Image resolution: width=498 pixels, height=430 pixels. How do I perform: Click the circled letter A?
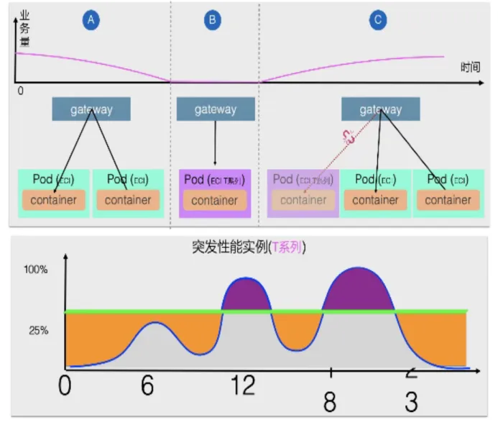coord(91,21)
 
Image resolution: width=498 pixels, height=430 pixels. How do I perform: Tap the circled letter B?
coord(212,21)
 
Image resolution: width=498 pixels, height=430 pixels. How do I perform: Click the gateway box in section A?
coord(91,109)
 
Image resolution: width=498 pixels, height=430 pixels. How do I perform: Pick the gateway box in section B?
coord(215,109)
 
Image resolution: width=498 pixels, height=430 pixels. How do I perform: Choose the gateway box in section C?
coord(380,109)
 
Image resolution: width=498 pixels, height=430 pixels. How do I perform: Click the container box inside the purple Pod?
coord(215,200)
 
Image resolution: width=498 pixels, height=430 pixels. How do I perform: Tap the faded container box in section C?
coord(303,200)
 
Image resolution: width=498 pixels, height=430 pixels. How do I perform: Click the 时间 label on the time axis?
coord(471,67)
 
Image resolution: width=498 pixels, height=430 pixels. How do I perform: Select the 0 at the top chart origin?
coord(20,91)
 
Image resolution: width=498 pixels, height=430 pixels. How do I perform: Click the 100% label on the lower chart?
coord(36,270)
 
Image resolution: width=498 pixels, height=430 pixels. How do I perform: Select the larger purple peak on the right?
coord(359,289)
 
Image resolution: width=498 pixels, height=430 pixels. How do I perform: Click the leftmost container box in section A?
coord(54,200)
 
